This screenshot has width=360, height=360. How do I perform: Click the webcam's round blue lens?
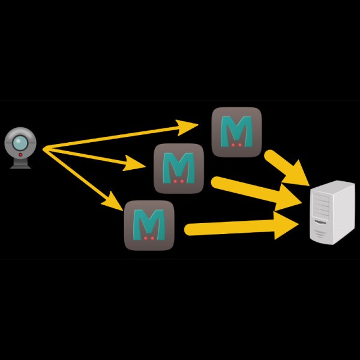[x=20, y=143]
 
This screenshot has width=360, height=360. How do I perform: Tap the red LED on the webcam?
[x=20, y=155]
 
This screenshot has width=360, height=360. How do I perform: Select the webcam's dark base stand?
[x=20, y=163]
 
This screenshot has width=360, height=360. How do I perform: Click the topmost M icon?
[x=237, y=132]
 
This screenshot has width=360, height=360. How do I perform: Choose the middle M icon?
[x=179, y=169]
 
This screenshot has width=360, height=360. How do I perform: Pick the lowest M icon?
[x=149, y=225]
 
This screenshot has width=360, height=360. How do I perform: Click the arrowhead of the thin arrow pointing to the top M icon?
[x=187, y=127]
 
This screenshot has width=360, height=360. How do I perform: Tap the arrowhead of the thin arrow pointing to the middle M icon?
[x=134, y=163]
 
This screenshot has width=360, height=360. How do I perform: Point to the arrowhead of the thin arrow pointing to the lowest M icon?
[x=113, y=202]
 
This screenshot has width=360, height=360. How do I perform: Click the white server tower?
[x=332, y=212]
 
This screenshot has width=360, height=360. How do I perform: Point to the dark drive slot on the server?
[x=320, y=222]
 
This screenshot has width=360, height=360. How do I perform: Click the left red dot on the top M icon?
[x=233, y=145]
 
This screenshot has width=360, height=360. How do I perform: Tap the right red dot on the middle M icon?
[x=182, y=181]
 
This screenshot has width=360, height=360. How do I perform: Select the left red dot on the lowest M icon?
[x=146, y=238]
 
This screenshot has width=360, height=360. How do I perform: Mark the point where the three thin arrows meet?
[x=44, y=149]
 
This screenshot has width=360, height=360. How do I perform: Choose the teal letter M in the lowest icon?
[x=149, y=224]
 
